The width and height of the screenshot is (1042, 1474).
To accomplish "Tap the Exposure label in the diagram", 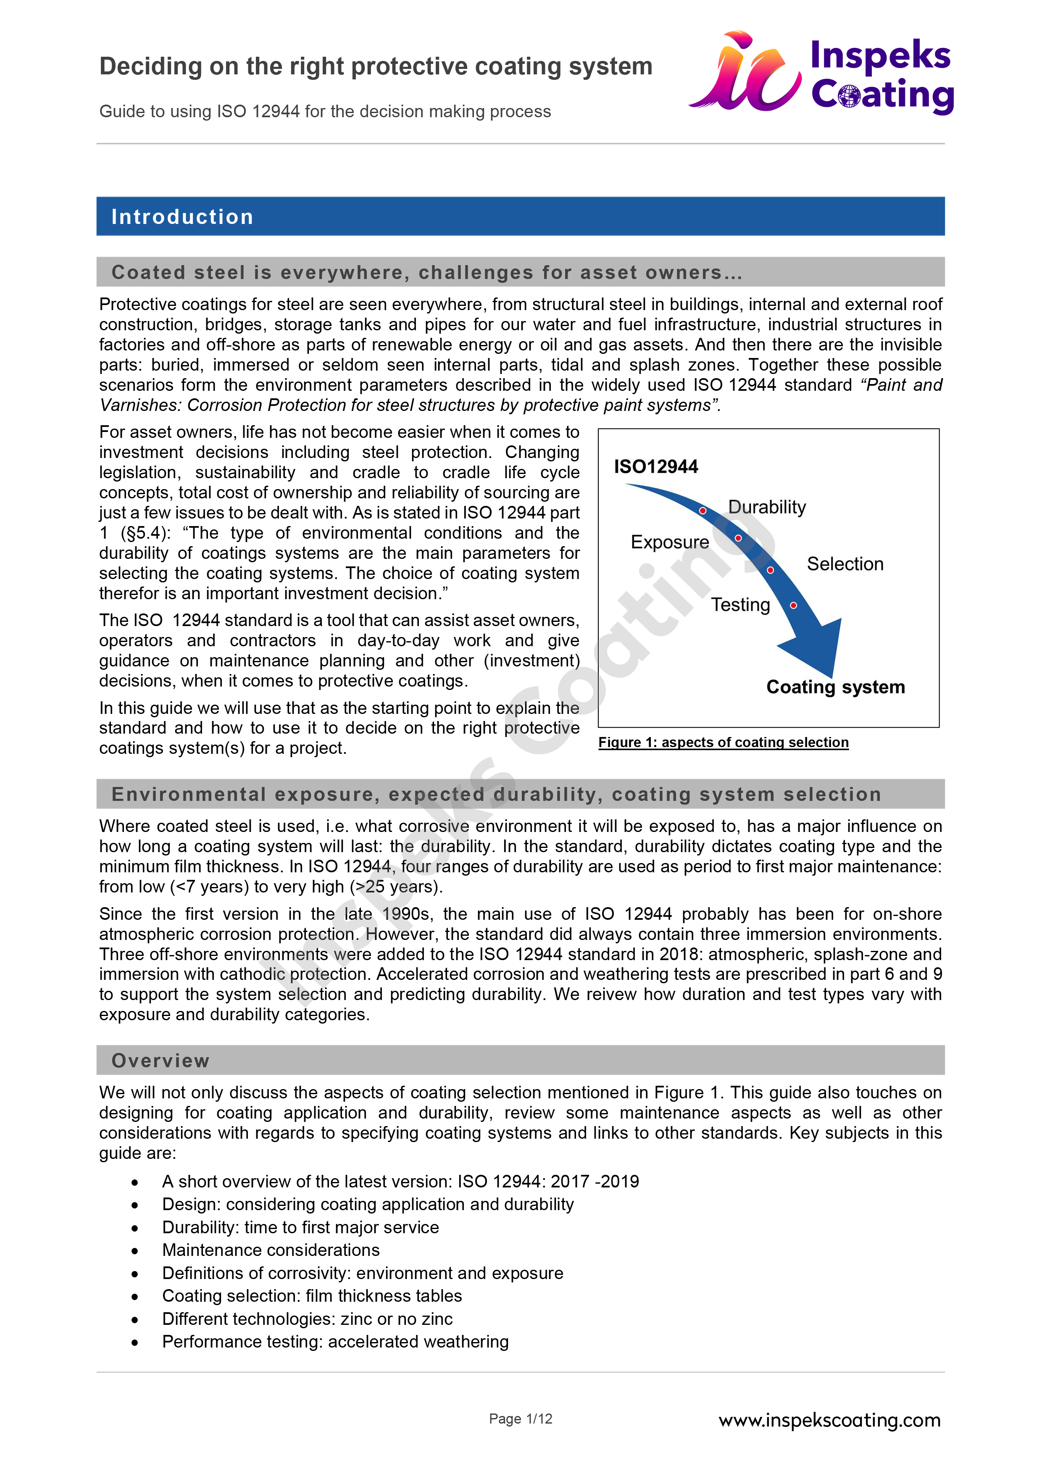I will (x=670, y=542).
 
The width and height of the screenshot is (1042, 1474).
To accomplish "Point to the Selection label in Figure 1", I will (x=845, y=563).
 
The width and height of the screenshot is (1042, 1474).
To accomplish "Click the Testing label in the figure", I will (x=740, y=604).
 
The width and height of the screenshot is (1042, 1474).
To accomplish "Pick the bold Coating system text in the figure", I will (x=835, y=687).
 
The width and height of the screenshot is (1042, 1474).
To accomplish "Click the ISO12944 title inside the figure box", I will (x=655, y=467).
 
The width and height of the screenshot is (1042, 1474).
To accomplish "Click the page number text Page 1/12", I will (x=520, y=1419).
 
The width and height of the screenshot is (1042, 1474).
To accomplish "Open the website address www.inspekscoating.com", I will (x=829, y=1420).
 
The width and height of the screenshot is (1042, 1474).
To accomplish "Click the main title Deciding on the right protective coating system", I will (x=376, y=66).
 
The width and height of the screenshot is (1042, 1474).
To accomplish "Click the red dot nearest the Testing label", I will (x=794, y=605).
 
